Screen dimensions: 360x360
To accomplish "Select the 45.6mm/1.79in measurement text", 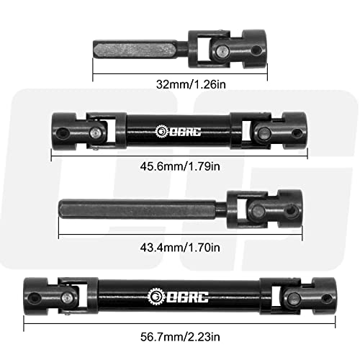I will [180, 168].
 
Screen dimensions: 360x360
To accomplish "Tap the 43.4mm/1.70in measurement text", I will [180, 248].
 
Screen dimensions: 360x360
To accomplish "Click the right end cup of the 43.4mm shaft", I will [292, 206].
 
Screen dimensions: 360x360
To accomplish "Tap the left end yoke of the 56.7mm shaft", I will [37, 295].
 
